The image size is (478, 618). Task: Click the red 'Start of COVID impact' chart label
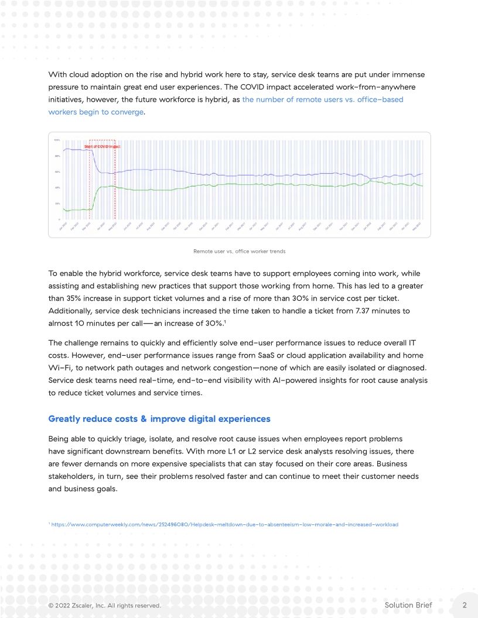click(102, 146)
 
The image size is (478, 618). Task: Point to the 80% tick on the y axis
click(57, 156)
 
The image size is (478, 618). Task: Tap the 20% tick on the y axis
click(57, 204)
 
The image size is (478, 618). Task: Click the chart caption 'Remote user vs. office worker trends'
click(238, 251)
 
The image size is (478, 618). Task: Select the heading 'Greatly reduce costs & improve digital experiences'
click(159, 419)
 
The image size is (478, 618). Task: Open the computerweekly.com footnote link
click(224, 524)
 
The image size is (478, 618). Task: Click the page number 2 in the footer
click(464, 605)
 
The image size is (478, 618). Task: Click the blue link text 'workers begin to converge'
click(95, 112)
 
